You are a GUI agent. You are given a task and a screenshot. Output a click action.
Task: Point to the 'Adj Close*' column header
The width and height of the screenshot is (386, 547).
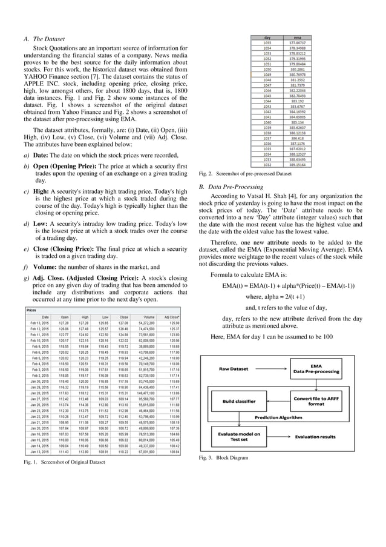(171, 316)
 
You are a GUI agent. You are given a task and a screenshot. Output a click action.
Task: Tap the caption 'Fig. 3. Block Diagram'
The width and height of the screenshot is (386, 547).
(224, 458)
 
